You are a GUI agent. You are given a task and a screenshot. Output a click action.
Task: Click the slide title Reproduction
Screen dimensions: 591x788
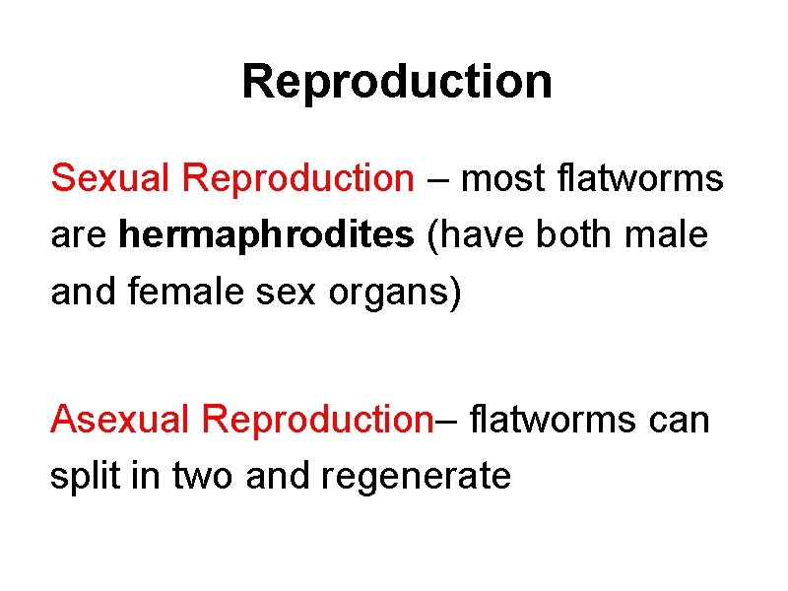[396, 82]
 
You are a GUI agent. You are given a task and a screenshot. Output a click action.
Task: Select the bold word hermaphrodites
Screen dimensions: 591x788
[267, 236]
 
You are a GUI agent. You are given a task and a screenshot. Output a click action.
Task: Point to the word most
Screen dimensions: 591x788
[500, 179]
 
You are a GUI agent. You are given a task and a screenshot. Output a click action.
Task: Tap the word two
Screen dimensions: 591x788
[204, 478]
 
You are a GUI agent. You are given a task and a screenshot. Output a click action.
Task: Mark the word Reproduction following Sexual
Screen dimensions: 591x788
[299, 179]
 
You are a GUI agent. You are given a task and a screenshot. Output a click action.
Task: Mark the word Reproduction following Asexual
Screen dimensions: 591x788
[317, 420]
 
